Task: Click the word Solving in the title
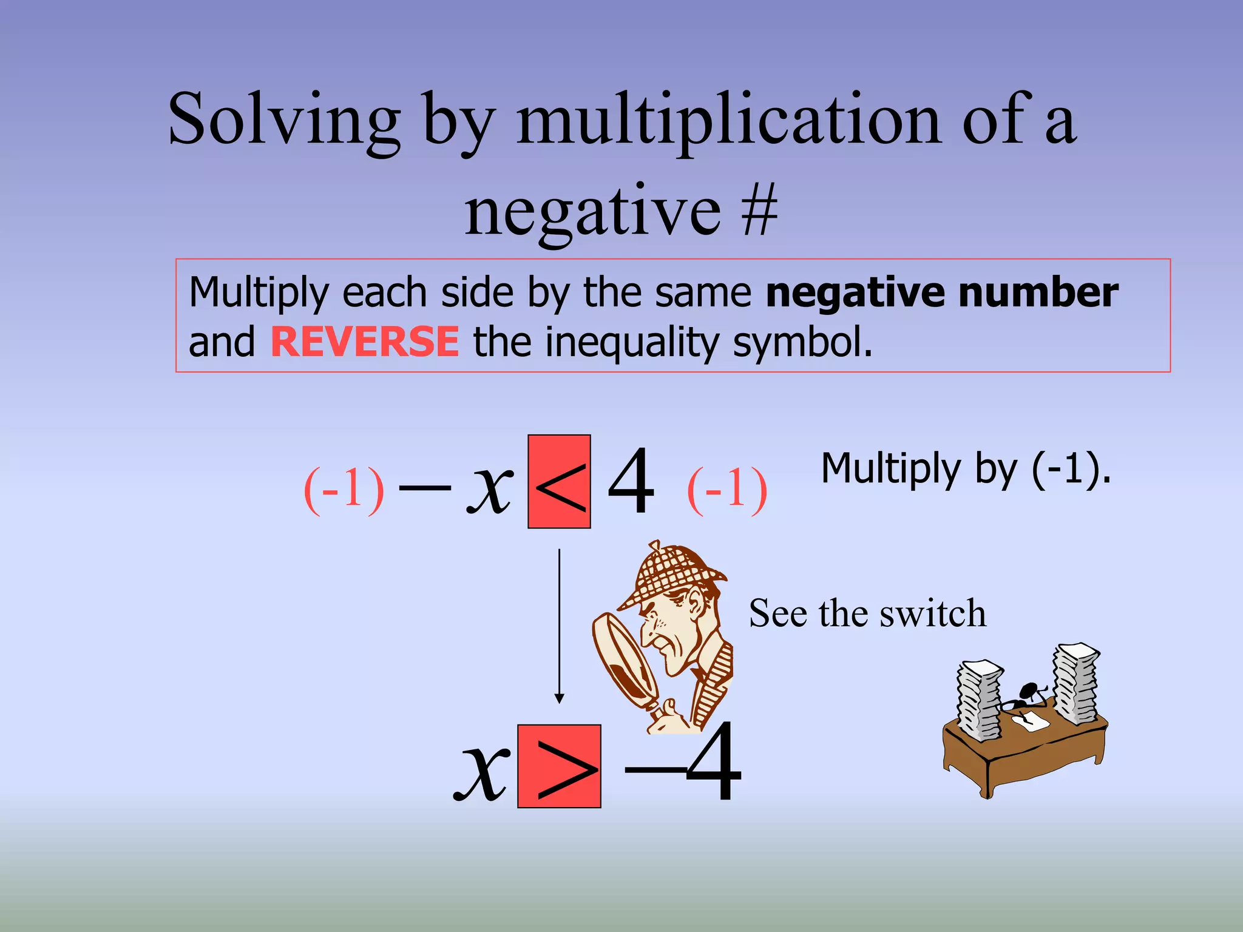[284, 119]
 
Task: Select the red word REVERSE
[365, 342]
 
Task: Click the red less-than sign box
[559, 482]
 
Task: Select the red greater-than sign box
[559, 766]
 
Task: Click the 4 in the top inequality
[631, 481]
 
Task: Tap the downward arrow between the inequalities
[559, 625]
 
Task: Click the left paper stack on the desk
[978, 701]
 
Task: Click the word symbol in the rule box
[802, 343]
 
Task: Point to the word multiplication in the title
[730, 119]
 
